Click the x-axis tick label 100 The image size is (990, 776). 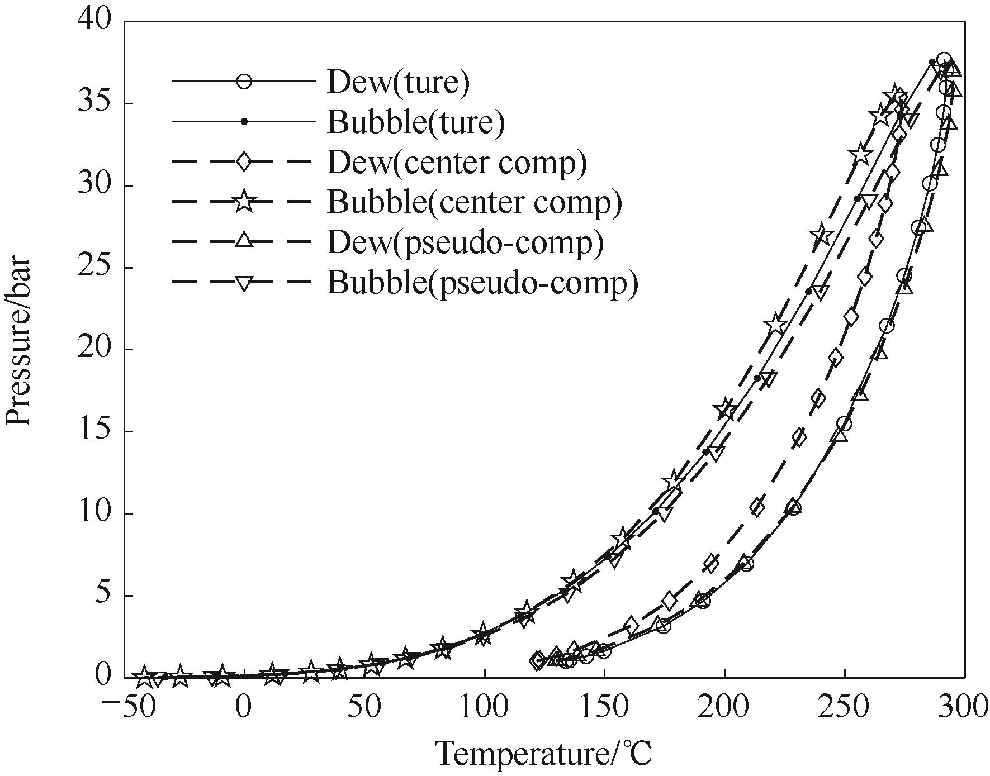(484, 707)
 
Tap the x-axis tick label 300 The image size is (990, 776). (965, 707)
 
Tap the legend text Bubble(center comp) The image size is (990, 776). (475, 203)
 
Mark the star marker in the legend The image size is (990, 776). (244, 202)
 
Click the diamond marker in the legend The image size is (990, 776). (244, 162)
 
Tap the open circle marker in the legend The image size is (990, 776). (244, 82)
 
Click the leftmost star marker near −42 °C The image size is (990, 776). (144, 677)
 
